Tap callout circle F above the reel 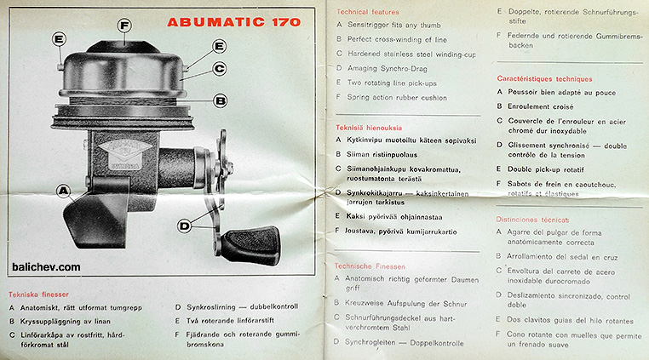tap(125, 26)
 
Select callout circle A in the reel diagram tap(64, 191)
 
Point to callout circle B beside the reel tap(220, 100)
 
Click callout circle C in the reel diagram tap(219, 68)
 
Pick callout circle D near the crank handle tap(185, 226)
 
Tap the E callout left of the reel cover tap(59, 39)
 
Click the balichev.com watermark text tap(47, 266)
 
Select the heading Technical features tap(368, 13)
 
